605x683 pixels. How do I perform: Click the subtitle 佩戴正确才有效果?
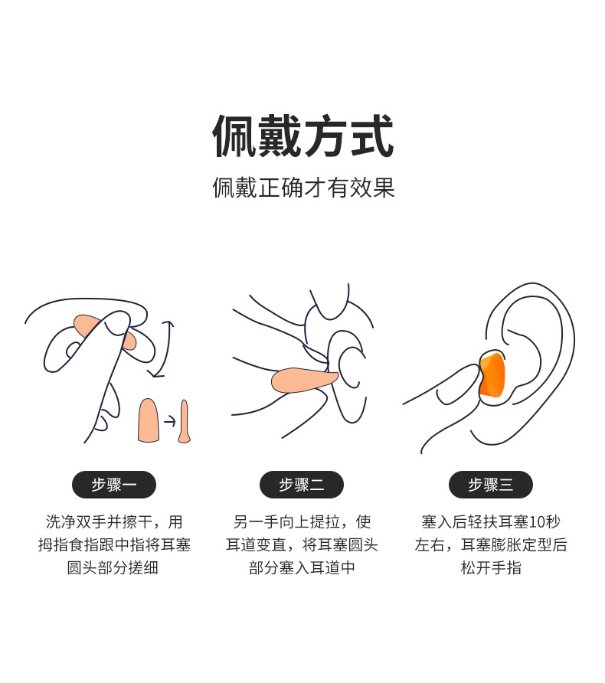(x=302, y=188)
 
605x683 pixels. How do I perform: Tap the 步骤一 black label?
(x=113, y=485)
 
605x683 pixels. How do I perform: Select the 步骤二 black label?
(x=301, y=485)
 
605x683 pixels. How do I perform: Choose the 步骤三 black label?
(x=490, y=485)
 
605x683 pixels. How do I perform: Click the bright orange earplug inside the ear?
(x=492, y=375)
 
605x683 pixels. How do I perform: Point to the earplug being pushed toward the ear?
(x=303, y=379)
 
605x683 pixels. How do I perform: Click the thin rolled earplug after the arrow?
(x=184, y=422)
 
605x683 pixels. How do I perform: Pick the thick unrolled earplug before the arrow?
(x=149, y=420)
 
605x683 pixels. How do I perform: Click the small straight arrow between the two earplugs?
(x=169, y=421)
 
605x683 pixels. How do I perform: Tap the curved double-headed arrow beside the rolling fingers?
(x=165, y=349)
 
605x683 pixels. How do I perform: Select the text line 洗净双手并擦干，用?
(x=113, y=522)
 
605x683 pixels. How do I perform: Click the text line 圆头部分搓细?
(x=113, y=568)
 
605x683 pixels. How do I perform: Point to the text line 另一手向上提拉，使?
(x=301, y=522)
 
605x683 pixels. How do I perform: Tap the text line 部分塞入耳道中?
(x=301, y=568)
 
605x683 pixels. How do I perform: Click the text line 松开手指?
(x=490, y=568)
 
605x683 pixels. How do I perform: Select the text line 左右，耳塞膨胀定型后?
(x=490, y=545)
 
